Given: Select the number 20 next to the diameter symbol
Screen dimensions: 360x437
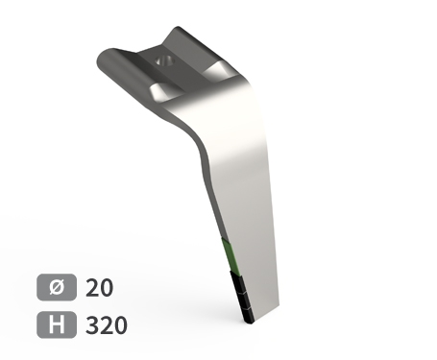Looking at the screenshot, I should pyautogui.click(x=100, y=287).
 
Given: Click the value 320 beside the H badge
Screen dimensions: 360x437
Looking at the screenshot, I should pyautogui.click(x=106, y=325).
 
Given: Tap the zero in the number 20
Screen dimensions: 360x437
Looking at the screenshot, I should pyautogui.click(x=107, y=287).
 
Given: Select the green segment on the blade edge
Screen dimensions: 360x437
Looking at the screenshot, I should pyautogui.click(x=229, y=254).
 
